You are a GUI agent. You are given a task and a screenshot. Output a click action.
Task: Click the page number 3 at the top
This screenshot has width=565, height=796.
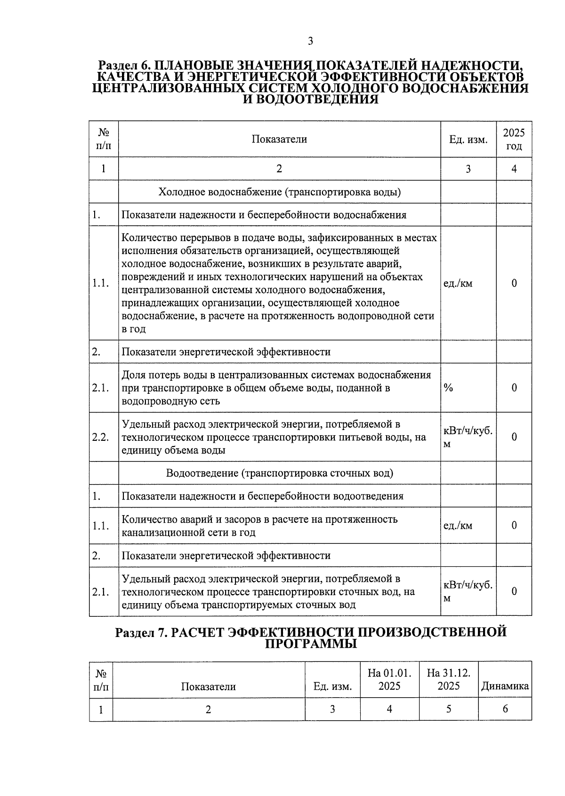[310, 41]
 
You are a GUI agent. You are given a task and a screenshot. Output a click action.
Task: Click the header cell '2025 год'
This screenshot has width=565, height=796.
[514, 139]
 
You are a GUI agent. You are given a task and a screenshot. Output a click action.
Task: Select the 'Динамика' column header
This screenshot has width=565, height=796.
[505, 686]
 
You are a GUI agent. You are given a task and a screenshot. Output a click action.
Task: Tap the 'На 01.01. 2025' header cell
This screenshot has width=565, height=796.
[389, 679]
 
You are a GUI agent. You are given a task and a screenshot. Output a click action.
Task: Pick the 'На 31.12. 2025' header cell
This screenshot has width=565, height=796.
[448, 679]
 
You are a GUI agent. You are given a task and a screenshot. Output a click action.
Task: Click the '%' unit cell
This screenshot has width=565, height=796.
[448, 388]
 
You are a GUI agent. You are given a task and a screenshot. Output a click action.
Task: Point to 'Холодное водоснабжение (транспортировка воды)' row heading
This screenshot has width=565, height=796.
[279, 192]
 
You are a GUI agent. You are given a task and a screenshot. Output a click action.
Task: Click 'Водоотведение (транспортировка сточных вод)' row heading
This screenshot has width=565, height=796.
[279, 473]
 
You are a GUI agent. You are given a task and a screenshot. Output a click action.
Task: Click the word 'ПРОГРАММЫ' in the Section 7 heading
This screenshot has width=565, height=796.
[311, 644]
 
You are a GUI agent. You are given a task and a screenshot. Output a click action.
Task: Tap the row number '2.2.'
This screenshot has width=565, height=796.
[101, 437]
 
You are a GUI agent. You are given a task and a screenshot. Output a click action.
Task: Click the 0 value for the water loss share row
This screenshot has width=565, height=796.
[514, 388]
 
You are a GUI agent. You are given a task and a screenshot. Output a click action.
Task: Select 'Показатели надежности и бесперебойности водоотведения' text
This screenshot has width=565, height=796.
[262, 496]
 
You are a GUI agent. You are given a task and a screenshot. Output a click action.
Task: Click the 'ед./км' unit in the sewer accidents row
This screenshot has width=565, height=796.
[458, 525]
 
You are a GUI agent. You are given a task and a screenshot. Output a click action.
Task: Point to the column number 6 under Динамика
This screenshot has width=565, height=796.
[505, 709]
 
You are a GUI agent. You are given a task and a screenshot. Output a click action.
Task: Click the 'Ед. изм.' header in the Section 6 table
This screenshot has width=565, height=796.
[468, 140]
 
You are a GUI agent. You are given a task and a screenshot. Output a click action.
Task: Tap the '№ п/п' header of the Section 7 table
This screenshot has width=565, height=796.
[101, 679]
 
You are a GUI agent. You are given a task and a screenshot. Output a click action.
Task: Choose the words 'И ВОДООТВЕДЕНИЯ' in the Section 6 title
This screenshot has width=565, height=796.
[310, 99]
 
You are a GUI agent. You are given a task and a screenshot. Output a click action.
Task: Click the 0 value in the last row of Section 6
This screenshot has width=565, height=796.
[514, 591]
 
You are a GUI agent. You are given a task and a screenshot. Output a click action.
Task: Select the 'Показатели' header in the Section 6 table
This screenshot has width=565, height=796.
[279, 139]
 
